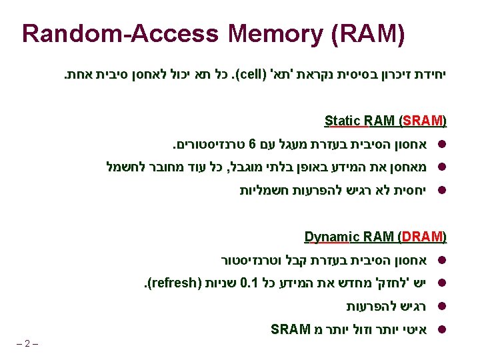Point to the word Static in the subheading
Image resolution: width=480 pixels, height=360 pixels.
point(343,121)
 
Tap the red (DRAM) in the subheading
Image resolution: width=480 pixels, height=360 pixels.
point(422,236)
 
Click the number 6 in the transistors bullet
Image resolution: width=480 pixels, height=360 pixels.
point(253,144)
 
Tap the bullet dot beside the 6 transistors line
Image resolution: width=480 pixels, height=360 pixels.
point(443,145)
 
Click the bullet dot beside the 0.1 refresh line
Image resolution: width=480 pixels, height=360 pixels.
point(443,283)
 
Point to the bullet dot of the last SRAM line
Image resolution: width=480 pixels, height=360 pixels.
point(443,330)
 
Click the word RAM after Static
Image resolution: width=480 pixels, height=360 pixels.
point(379,121)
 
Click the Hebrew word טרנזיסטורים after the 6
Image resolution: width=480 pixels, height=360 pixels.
point(211,144)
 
